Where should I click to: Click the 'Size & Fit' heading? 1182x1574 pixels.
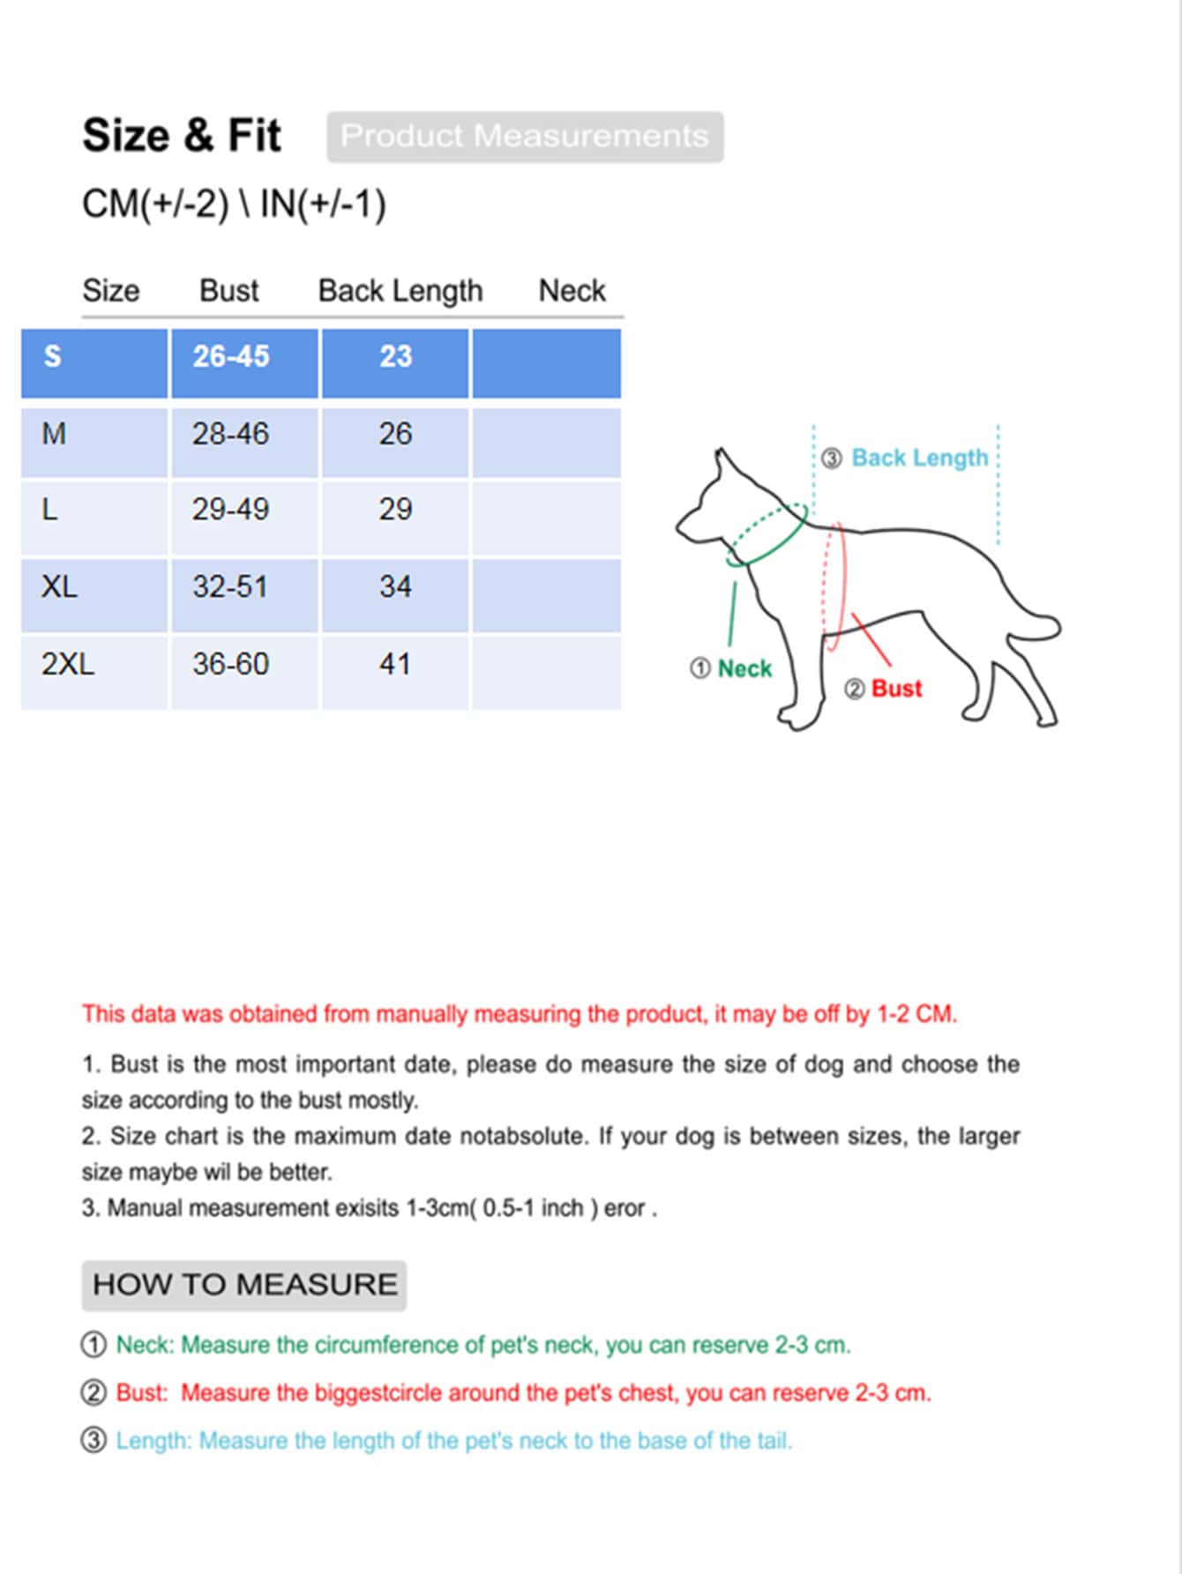tap(181, 136)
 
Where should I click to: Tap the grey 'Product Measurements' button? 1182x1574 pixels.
tap(525, 137)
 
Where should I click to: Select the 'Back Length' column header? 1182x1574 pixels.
tap(400, 291)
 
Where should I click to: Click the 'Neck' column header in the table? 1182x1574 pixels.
tap(572, 291)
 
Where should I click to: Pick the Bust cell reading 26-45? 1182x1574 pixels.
tap(231, 356)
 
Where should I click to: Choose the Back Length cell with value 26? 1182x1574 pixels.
tap(395, 434)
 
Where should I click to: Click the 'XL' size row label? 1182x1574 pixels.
tap(59, 586)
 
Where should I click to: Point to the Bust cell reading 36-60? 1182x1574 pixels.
tap(231, 664)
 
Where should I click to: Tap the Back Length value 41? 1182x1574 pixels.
tap(395, 664)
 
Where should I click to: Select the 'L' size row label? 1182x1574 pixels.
tap(50, 510)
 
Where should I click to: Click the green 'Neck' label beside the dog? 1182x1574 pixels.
tap(744, 669)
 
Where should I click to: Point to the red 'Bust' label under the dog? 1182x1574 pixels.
tap(895, 689)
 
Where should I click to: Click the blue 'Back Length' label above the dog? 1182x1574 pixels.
tap(919, 459)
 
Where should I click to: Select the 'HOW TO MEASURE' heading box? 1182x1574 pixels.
tap(244, 1285)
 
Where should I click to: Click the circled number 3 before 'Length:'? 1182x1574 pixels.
tap(94, 1441)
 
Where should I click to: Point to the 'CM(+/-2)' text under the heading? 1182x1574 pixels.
tap(155, 205)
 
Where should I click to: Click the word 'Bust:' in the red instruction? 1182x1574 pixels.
tap(142, 1393)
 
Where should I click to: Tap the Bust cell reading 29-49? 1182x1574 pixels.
tap(231, 510)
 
